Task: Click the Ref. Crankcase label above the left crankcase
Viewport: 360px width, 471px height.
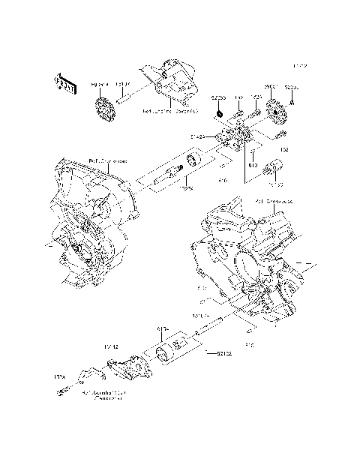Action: click(108, 160)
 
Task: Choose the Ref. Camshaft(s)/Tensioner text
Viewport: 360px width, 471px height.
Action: click(104, 395)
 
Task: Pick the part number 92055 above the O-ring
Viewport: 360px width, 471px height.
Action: click(218, 97)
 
